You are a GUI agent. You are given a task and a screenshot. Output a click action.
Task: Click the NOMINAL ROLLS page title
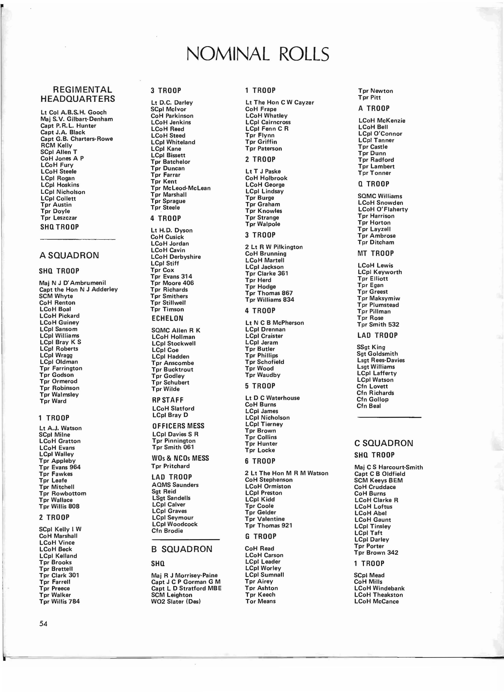click(258, 54)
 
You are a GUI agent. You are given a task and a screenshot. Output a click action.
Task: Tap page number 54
click(43, 623)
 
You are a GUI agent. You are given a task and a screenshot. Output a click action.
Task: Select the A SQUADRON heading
click(69, 255)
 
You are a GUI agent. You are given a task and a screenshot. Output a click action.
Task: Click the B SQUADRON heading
click(182, 549)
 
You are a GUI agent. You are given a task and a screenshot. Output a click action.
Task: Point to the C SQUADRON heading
click(384, 443)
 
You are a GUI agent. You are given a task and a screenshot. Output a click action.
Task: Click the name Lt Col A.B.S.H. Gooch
click(74, 112)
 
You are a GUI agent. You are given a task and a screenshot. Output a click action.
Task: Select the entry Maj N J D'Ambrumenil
click(73, 283)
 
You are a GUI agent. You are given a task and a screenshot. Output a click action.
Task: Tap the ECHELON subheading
click(167, 318)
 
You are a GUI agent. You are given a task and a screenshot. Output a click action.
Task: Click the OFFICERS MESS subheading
click(178, 426)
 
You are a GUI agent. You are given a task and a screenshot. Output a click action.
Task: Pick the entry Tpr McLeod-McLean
click(181, 188)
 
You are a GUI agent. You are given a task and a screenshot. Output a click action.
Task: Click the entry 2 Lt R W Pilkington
click(274, 247)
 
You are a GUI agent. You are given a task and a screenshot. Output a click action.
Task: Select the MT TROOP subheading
click(376, 253)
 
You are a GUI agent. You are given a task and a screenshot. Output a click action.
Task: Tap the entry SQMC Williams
click(380, 196)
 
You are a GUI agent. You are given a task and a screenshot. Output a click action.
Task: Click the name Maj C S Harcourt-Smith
click(388, 467)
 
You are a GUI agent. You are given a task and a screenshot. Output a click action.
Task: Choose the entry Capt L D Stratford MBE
click(186, 588)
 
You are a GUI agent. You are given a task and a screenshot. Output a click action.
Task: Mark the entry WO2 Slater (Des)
click(176, 601)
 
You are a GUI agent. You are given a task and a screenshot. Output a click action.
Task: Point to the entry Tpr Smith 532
click(378, 324)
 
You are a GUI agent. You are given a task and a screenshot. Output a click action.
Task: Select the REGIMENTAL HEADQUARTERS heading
click(78, 94)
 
